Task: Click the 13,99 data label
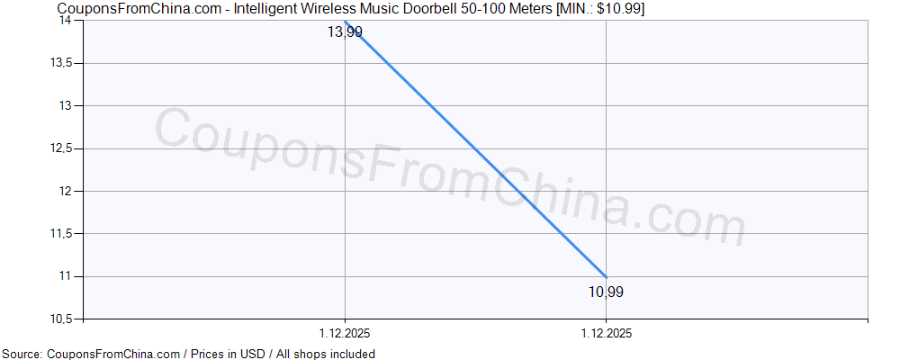tap(345, 32)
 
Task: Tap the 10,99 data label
tap(606, 292)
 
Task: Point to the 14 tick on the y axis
tap(68, 21)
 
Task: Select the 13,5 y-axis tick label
tap(62, 63)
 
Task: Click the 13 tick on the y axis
tap(68, 105)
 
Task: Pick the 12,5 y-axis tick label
tap(62, 148)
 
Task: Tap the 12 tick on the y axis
tap(68, 191)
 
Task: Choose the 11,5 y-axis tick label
tap(62, 233)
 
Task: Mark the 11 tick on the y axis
tap(68, 275)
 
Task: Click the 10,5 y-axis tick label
tap(62, 319)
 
